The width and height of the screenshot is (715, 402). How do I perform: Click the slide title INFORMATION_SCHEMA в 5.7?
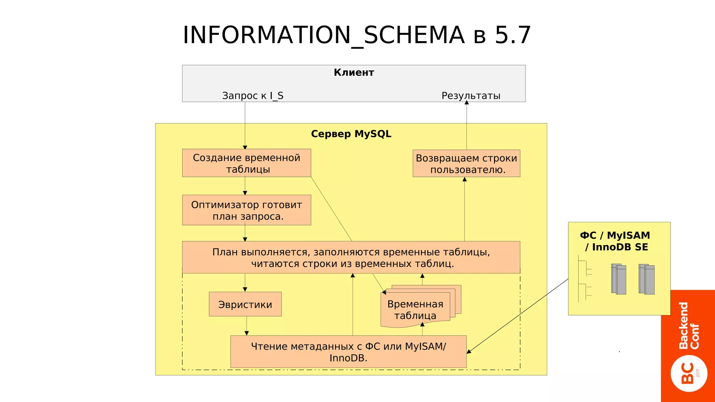click(x=357, y=35)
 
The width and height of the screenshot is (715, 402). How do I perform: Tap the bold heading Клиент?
click(x=354, y=73)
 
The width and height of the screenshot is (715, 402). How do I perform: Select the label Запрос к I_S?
click(x=253, y=96)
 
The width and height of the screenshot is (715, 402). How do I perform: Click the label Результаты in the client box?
click(x=471, y=96)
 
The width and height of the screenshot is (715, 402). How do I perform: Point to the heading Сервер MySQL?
click(x=351, y=134)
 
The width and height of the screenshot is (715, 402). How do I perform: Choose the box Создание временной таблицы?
click(x=246, y=163)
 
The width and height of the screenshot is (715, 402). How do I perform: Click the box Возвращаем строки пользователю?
click(x=466, y=164)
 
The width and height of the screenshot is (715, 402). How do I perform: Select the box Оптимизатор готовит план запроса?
click(x=246, y=210)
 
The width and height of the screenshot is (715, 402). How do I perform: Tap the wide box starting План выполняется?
click(x=351, y=258)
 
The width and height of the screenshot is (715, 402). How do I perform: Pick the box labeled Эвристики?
click(x=245, y=304)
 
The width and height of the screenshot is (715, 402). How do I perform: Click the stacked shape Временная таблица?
click(x=415, y=309)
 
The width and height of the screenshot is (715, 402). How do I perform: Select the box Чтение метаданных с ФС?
click(x=348, y=352)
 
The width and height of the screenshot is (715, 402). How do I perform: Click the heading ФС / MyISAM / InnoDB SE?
click(x=615, y=241)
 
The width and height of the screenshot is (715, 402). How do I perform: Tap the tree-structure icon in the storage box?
click(x=584, y=279)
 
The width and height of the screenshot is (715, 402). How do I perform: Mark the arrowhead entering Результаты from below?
click(x=466, y=103)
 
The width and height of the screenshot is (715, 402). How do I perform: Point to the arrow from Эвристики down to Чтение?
click(x=246, y=326)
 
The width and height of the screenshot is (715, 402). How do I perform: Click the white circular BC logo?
click(x=689, y=373)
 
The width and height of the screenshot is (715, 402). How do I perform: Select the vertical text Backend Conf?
click(x=689, y=325)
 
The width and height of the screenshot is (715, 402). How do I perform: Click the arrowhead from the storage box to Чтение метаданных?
click(x=469, y=351)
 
